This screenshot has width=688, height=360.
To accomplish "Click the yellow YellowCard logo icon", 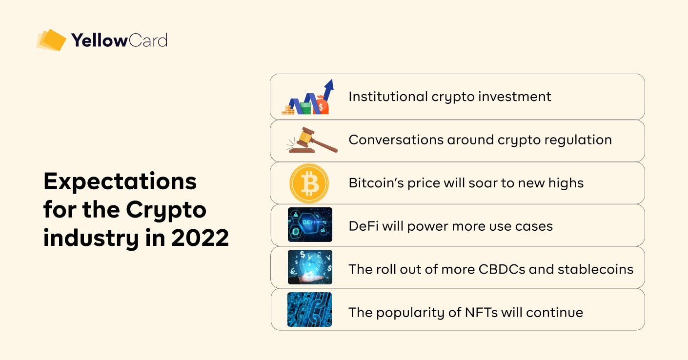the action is click(x=51, y=40).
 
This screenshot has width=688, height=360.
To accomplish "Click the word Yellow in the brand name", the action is click(x=100, y=40).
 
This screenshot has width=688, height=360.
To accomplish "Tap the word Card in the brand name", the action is click(x=148, y=40).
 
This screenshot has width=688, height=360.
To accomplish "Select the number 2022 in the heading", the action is click(x=200, y=238).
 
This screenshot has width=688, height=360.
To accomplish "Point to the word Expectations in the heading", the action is click(x=120, y=181).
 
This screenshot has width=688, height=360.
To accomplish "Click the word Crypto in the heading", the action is click(x=166, y=210).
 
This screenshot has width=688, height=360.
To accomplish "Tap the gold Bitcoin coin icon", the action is click(x=309, y=183).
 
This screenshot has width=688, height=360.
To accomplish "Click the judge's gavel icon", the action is click(x=312, y=140).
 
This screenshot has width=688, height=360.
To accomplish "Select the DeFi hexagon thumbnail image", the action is click(x=310, y=224).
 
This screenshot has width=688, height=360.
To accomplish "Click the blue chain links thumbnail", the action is click(x=309, y=309).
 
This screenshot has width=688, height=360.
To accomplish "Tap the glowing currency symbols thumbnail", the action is click(x=310, y=267).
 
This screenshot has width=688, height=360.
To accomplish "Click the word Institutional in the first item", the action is click(x=388, y=97).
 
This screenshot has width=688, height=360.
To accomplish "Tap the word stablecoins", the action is click(x=596, y=269).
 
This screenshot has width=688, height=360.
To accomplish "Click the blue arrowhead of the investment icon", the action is click(x=329, y=84).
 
